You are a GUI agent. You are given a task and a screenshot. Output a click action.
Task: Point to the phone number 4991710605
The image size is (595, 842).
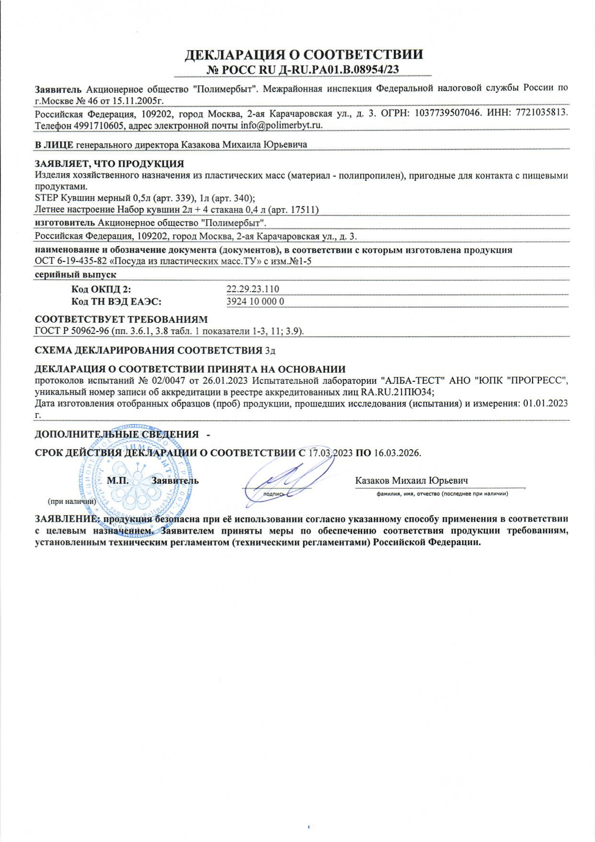(100, 125)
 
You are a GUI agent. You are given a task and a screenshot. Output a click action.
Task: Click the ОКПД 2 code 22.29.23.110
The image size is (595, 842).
(252, 289)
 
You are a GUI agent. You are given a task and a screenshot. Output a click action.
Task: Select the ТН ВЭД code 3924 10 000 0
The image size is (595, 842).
(255, 301)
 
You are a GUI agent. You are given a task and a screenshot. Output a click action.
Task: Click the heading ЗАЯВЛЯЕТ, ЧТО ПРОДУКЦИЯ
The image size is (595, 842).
(109, 164)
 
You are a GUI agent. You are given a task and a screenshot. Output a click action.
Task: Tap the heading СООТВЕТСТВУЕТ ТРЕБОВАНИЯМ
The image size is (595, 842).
(121, 320)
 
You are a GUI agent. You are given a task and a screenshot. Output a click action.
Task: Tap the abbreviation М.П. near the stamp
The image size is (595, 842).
(118, 480)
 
